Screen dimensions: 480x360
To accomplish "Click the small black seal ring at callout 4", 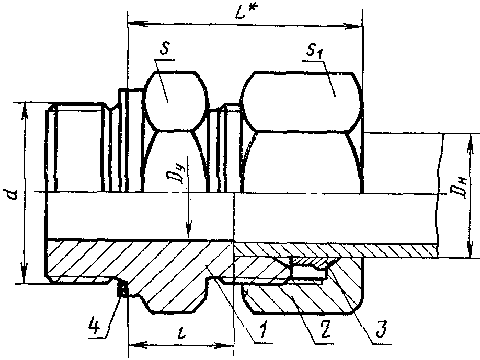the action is [x=123, y=288].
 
